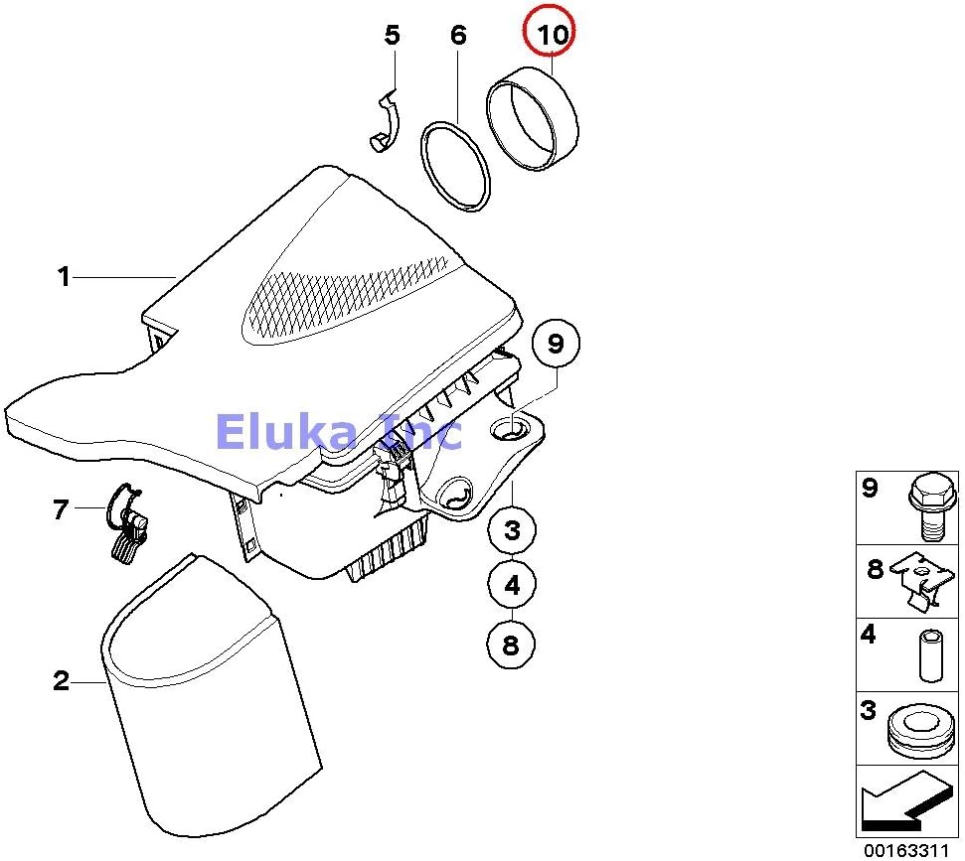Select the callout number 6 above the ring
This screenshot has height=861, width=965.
[458, 36]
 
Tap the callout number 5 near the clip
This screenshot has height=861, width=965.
[393, 36]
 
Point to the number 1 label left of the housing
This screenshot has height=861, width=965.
[64, 277]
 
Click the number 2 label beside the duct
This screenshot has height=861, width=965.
[62, 681]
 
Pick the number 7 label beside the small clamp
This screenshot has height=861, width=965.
[61, 510]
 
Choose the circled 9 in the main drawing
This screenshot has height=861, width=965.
[556, 344]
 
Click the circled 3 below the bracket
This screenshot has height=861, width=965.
[512, 530]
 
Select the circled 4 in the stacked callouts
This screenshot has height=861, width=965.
[512, 586]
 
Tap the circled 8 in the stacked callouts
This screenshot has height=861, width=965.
[511, 646]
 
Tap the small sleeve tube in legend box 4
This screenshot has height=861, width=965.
[929, 655]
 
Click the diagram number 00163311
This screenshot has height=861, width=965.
[905, 850]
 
